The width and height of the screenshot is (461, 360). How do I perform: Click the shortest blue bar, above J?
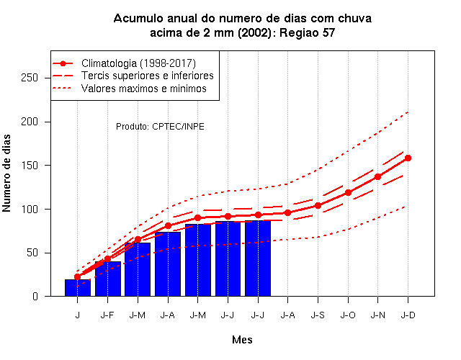[78, 288]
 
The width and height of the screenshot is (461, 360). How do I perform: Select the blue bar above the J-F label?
[108, 279]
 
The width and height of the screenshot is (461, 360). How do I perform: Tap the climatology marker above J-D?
[408, 158]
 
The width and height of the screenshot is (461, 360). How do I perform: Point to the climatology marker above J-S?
[318, 205]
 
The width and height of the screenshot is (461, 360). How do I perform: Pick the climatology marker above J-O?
[348, 193]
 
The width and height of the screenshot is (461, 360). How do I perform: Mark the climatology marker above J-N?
[377, 177]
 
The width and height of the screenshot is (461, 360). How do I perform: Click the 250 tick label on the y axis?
[30, 78]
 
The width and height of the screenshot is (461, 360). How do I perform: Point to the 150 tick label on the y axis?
[30, 166]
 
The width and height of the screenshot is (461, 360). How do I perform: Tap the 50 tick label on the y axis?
[32, 253]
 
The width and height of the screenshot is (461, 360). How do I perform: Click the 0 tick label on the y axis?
[35, 296]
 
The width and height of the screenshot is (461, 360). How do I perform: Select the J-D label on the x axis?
[408, 315]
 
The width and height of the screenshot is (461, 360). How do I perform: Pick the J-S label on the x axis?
[318, 315]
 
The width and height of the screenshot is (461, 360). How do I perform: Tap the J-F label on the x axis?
[107, 315]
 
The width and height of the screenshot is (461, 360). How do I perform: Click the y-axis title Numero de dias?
[6, 174]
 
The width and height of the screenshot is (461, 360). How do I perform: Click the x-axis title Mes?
[242, 340]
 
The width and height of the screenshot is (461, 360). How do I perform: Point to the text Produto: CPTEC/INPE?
[160, 127]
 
